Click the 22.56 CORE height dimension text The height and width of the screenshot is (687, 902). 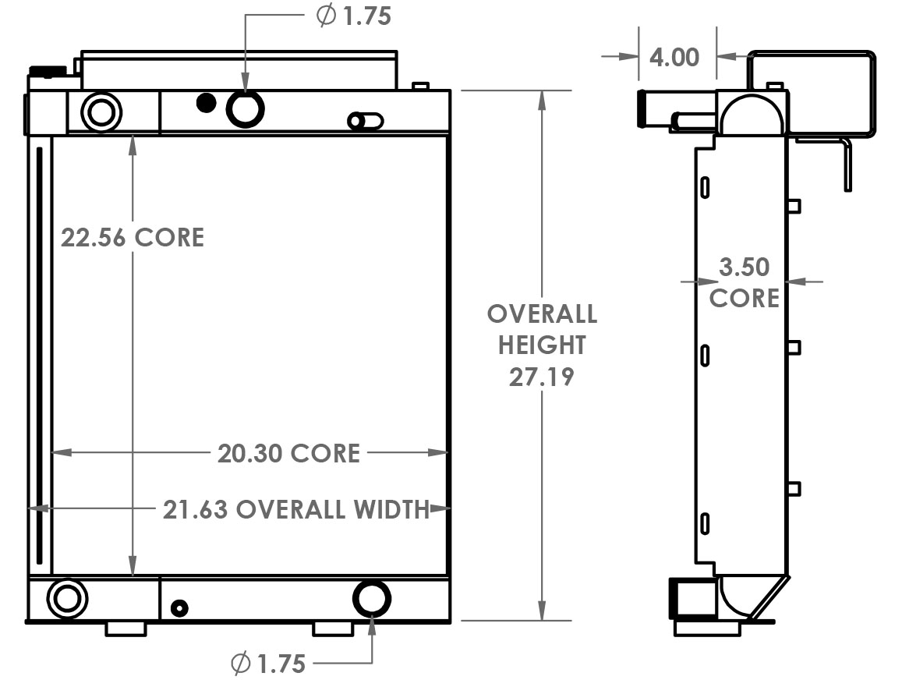click(x=133, y=237)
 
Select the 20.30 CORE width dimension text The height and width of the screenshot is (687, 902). click(x=288, y=453)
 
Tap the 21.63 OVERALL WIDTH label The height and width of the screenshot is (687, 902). click(x=296, y=510)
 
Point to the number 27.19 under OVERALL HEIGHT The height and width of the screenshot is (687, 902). click(x=542, y=377)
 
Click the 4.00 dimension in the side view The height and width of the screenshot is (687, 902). click(x=674, y=57)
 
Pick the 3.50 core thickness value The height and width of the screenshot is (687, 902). click(x=745, y=267)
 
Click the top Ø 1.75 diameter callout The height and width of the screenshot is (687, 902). click(x=354, y=16)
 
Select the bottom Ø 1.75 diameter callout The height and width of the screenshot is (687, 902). click(x=268, y=664)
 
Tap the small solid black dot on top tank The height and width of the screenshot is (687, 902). click(x=206, y=102)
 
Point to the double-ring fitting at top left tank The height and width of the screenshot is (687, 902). click(x=101, y=112)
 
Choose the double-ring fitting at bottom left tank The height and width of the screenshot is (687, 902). click(x=67, y=599)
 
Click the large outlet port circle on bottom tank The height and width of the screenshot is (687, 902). click(x=372, y=599)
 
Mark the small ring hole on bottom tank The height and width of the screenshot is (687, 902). click(x=179, y=607)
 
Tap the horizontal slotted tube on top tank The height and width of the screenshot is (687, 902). click(x=366, y=121)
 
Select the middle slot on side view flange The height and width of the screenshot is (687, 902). click(x=705, y=356)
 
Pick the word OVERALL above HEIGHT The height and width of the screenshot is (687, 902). click(x=542, y=314)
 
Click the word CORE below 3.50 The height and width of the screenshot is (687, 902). click(x=744, y=299)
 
